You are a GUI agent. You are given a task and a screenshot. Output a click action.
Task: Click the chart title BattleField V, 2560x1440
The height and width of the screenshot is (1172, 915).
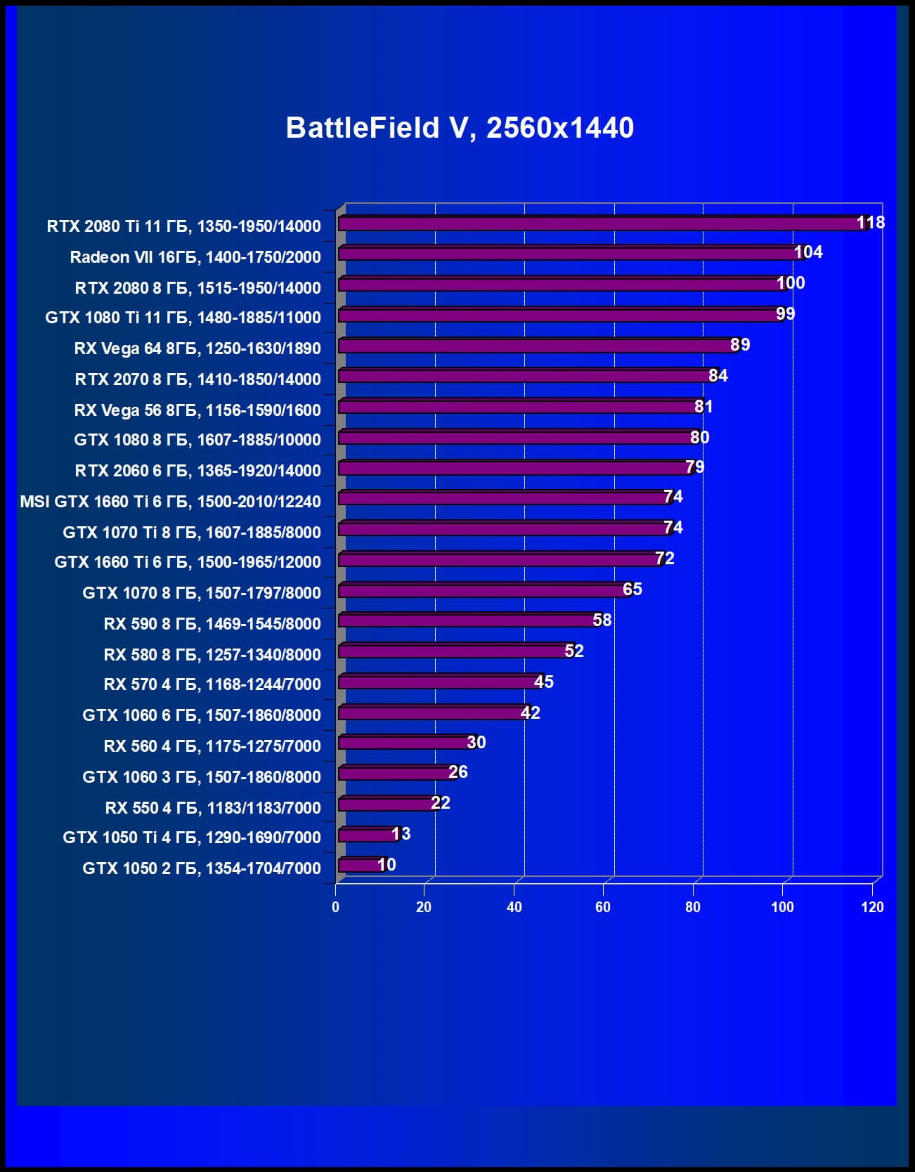(x=460, y=128)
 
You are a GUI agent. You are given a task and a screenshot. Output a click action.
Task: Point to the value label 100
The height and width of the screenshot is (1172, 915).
(x=791, y=283)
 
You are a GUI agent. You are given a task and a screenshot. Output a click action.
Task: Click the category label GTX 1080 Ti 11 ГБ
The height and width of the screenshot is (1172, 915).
(x=183, y=318)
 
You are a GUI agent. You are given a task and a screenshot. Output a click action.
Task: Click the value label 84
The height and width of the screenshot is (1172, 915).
(x=718, y=376)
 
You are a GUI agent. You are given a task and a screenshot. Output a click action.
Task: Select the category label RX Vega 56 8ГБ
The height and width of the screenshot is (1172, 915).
(x=197, y=410)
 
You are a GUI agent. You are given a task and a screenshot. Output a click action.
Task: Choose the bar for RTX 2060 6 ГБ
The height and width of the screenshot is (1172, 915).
(x=513, y=468)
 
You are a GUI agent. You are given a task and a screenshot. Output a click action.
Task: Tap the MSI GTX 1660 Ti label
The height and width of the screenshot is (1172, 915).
(x=170, y=502)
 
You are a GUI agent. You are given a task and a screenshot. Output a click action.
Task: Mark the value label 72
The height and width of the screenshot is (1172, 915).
(x=665, y=559)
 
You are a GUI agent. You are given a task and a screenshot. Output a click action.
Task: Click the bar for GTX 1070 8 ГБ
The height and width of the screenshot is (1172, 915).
(x=481, y=590)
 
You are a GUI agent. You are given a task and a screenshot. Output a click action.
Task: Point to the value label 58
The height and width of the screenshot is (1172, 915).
(x=602, y=620)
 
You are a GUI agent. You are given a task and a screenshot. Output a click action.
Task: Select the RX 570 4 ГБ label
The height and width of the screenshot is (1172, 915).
(x=212, y=684)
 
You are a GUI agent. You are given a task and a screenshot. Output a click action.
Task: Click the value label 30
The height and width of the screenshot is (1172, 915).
(x=476, y=743)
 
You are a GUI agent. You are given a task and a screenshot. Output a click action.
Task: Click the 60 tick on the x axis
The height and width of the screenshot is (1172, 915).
(x=603, y=907)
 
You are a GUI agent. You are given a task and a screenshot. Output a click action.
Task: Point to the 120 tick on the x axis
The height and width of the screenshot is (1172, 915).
(x=872, y=907)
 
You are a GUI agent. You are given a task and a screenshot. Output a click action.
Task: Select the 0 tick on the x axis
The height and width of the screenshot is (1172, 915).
(x=335, y=907)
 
